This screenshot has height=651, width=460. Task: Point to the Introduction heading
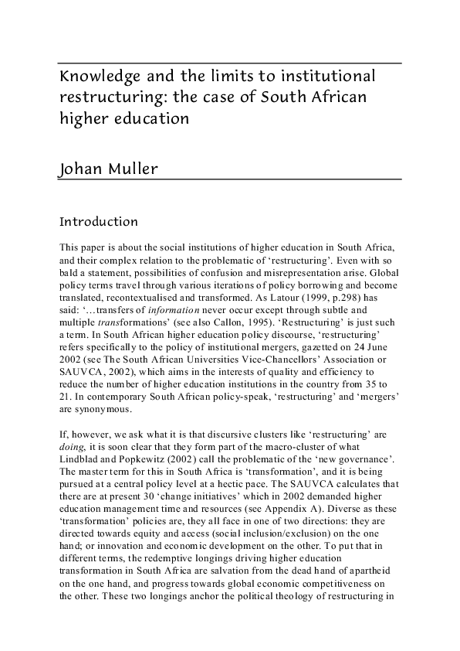click(99, 222)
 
